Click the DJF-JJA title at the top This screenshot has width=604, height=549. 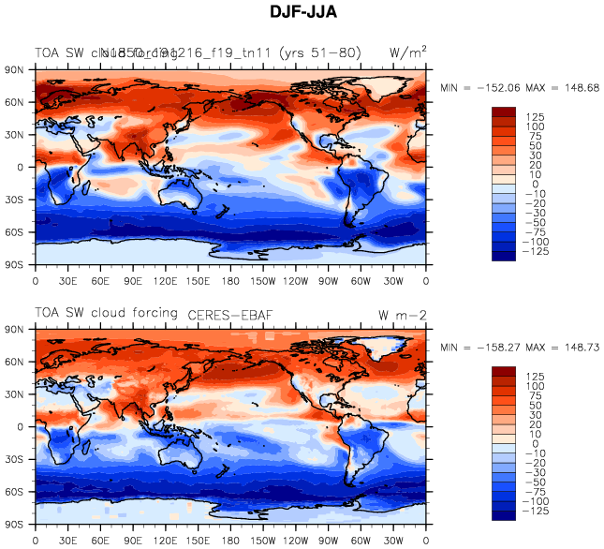(302, 12)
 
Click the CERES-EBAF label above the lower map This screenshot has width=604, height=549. (230, 315)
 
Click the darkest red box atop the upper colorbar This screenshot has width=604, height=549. (503, 111)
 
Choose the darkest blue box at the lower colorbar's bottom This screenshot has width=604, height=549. (503, 514)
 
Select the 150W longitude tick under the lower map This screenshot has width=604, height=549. (263, 540)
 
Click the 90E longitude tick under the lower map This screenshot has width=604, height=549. (133, 540)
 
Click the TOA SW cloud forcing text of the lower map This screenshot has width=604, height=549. (106, 313)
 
